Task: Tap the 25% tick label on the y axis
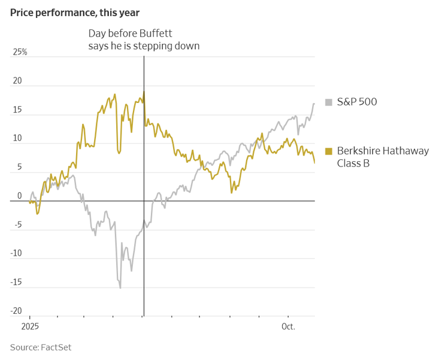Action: click(20, 52)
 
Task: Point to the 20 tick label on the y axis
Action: click(18, 81)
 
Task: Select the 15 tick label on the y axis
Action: click(18, 110)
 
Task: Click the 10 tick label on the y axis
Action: click(18, 138)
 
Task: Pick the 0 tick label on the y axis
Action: click(19, 196)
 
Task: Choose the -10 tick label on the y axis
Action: click(16, 253)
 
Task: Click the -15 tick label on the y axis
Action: click(16, 282)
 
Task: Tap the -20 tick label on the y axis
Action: click(16, 311)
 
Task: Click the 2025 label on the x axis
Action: click(30, 326)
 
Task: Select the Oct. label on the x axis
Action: click(289, 326)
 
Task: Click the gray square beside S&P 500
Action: click(328, 102)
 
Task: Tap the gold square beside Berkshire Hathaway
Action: click(328, 151)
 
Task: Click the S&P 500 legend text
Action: click(357, 102)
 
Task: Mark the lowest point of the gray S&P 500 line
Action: click(120, 288)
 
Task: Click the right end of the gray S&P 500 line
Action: click(314, 104)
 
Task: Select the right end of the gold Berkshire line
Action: click(314, 162)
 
